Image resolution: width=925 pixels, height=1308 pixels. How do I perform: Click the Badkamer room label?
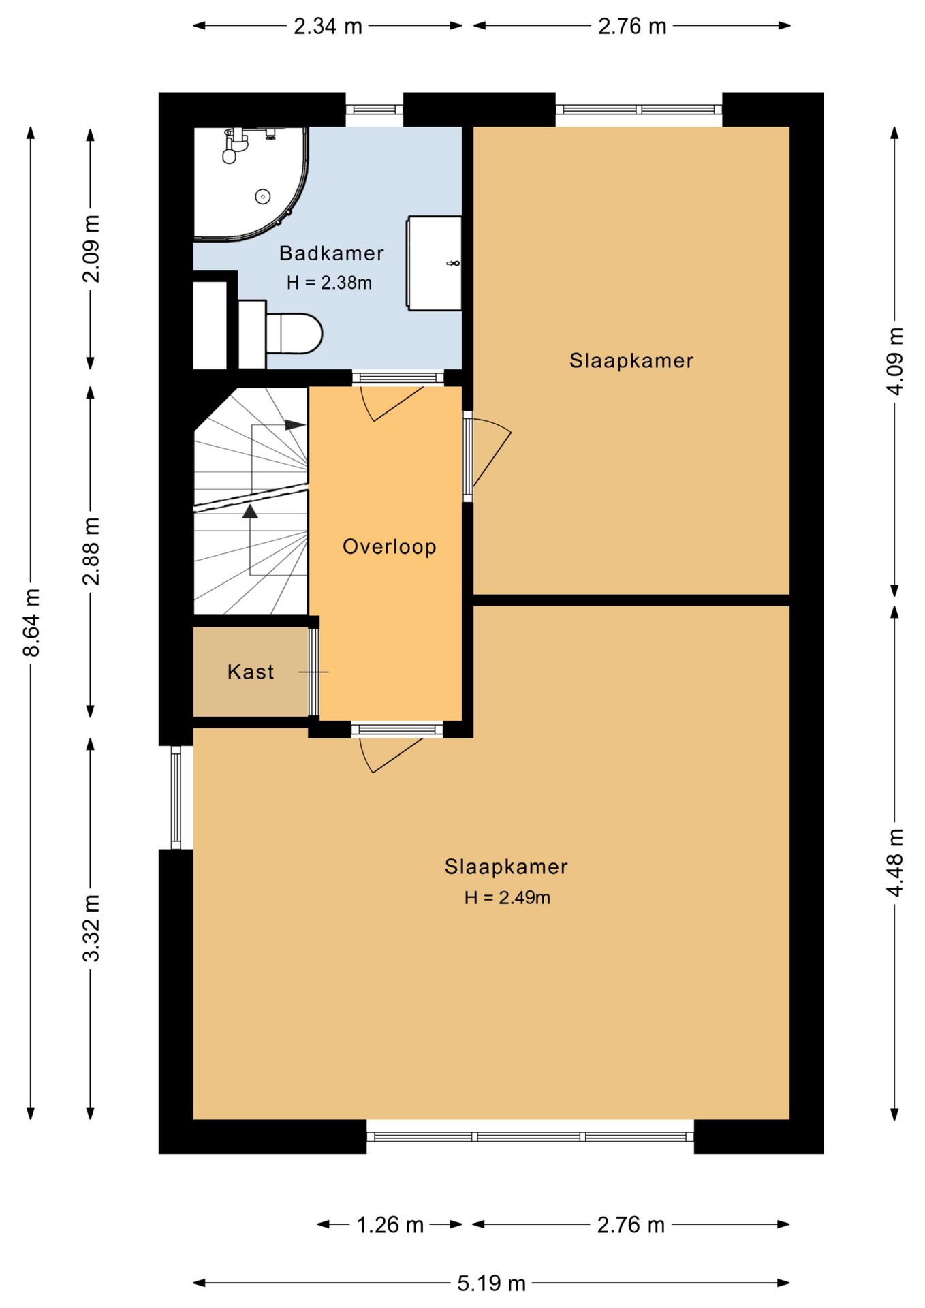click(x=331, y=253)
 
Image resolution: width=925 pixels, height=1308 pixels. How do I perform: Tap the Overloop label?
click(x=389, y=546)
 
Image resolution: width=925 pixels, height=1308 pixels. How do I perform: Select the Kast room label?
click(x=251, y=672)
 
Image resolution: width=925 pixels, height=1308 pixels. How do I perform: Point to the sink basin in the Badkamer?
click(x=435, y=263)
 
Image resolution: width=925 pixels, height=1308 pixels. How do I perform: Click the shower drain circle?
click(x=262, y=196)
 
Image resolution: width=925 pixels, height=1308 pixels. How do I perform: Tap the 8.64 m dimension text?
click(x=32, y=622)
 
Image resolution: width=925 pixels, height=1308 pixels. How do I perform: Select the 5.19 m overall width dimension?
click(x=491, y=1283)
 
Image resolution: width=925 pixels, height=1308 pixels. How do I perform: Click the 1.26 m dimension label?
click(x=390, y=1225)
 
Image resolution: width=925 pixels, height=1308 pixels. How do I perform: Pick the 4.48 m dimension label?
click(x=895, y=862)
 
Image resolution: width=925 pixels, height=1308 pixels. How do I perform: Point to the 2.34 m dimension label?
click(x=328, y=26)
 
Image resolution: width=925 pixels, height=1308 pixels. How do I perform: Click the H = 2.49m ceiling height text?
click(x=507, y=897)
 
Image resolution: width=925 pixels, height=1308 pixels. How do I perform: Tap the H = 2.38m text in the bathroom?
click(x=329, y=282)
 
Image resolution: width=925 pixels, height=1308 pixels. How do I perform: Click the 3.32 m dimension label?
click(x=91, y=928)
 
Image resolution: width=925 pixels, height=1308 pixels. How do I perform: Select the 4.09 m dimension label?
click(x=895, y=361)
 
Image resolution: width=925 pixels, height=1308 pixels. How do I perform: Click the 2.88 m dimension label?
click(x=91, y=551)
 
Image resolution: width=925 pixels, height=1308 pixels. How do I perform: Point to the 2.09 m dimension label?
click(x=91, y=248)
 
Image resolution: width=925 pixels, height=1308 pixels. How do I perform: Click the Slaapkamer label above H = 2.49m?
click(x=506, y=867)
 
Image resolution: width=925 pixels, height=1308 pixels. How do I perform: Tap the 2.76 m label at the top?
click(x=632, y=26)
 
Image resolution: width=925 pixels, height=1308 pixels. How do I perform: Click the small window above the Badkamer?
click(x=375, y=110)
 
